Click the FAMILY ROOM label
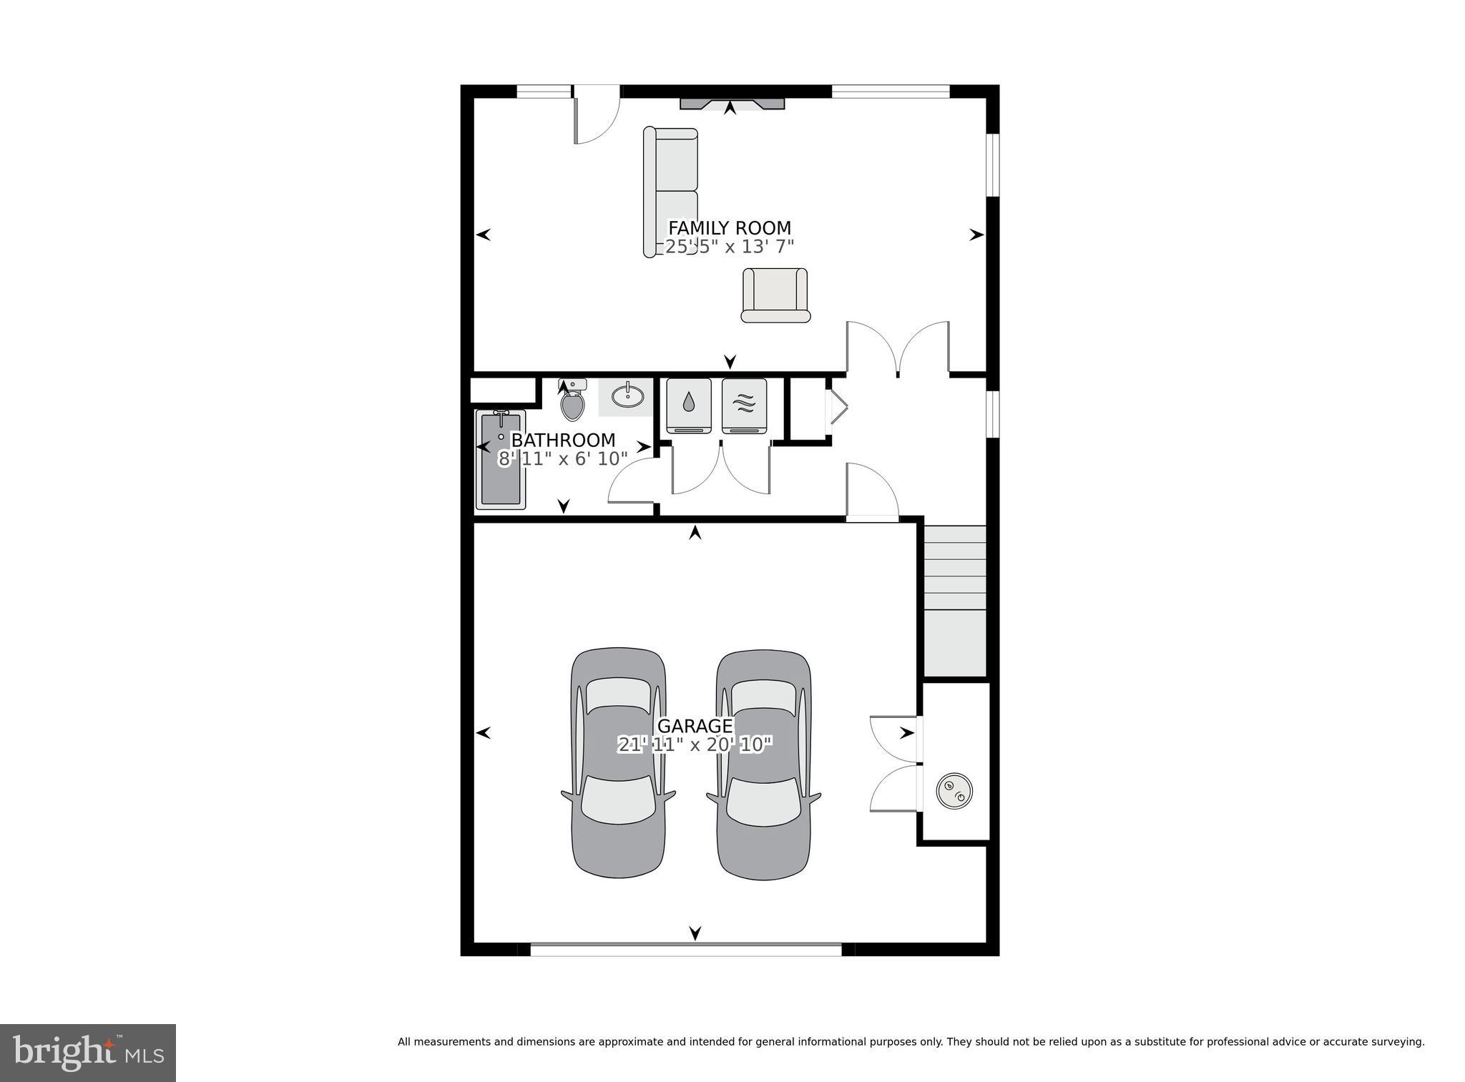(x=729, y=228)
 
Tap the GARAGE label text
(x=695, y=727)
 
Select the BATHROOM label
(x=563, y=440)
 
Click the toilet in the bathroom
(x=572, y=403)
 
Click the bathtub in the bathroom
(x=500, y=460)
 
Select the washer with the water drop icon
(x=688, y=405)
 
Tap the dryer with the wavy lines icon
(x=744, y=405)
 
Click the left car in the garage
(x=619, y=763)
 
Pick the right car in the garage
(x=764, y=764)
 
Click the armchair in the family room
(x=775, y=295)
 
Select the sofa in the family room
(x=670, y=191)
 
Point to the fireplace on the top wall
(x=731, y=104)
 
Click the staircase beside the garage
(x=955, y=601)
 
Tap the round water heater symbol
(x=954, y=790)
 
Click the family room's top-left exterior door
(x=596, y=114)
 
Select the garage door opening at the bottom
(x=685, y=949)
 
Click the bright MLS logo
(x=87, y=1053)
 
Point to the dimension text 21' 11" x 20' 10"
(x=695, y=745)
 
